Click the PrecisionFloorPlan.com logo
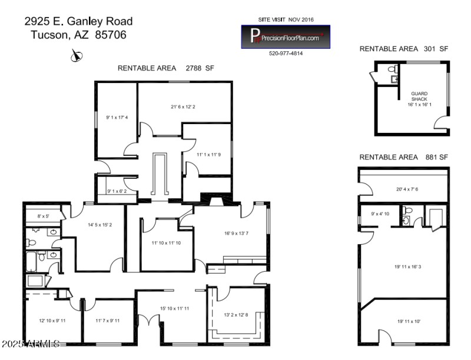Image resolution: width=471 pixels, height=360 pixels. [x=286, y=36]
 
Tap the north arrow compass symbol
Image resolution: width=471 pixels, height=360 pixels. [x=76, y=55]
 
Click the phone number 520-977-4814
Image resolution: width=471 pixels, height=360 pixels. [x=286, y=54]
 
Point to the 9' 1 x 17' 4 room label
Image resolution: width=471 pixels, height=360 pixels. [x=117, y=117]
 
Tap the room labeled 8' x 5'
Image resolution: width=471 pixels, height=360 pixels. [x=44, y=216]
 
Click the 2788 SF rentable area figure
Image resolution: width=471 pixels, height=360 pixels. [x=200, y=68]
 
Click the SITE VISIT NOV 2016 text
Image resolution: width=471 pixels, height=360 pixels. [x=286, y=19]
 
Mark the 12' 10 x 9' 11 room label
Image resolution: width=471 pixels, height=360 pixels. [x=52, y=321]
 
